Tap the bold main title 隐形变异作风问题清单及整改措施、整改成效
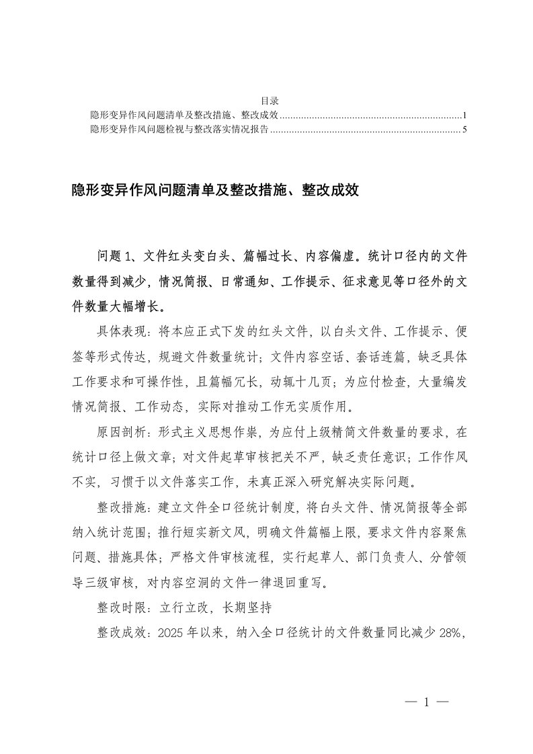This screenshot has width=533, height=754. coord(216,191)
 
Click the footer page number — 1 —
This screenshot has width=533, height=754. coord(426,702)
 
